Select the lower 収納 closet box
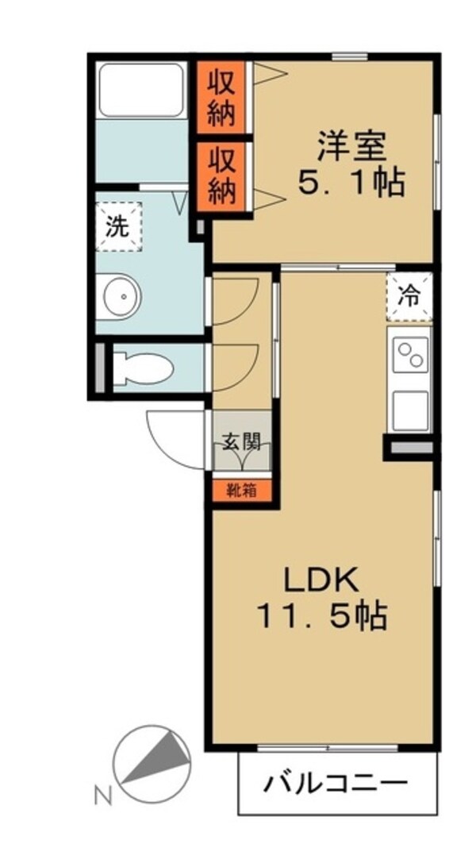[x=222, y=175]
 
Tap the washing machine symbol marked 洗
[x=117, y=227]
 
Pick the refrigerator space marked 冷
[x=410, y=297]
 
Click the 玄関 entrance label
[x=241, y=441]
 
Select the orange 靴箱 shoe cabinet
[x=241, y=490]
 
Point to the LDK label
[x=321, y=578]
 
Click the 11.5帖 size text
[x=321, y=615]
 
